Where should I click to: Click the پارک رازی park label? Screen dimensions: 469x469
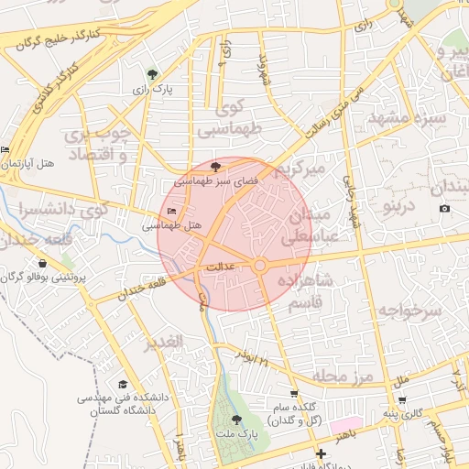[152, 90]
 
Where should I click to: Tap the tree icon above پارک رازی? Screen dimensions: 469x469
[152, 75]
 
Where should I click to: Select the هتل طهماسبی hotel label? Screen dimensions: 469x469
[172, 224]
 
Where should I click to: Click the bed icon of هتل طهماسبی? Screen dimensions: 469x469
[171, 212]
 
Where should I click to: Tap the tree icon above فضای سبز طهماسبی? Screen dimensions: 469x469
[215, 167]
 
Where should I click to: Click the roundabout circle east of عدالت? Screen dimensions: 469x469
[260, 266]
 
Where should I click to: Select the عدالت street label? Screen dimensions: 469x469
[224, 267]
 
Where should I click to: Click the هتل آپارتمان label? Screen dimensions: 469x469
[28, 162]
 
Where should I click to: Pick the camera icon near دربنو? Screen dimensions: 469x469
[444, 209]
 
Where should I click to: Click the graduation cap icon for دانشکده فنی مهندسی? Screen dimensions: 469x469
[124, 385]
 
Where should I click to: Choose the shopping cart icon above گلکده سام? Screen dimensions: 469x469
[293, 394]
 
